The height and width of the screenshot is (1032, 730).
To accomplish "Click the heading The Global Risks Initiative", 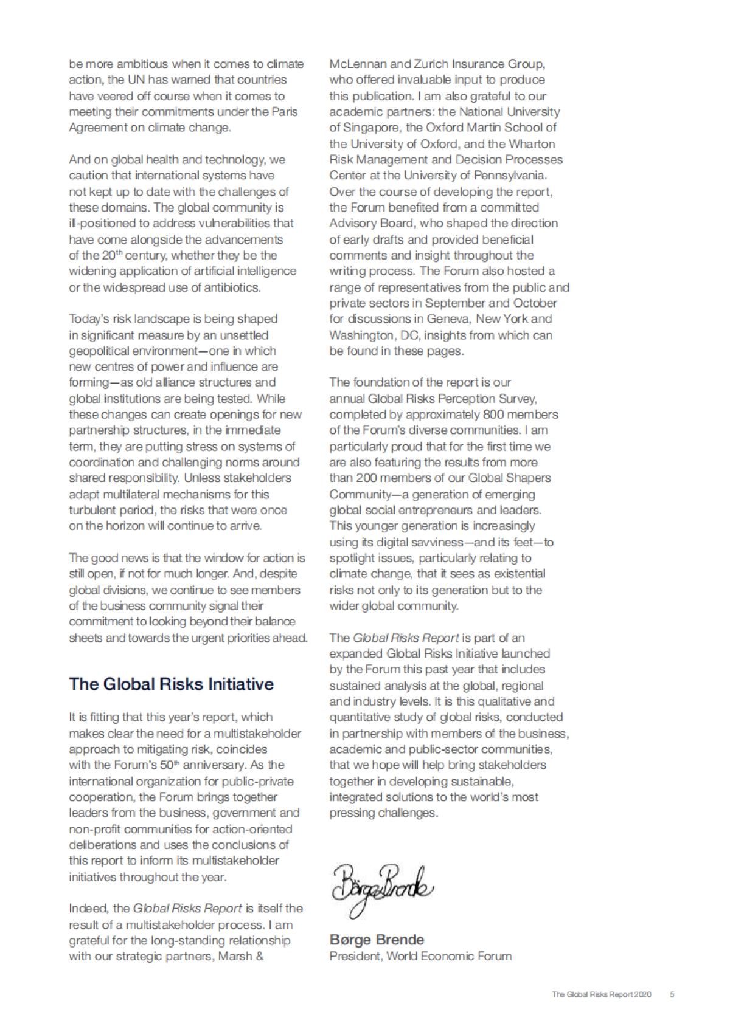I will point(171,684).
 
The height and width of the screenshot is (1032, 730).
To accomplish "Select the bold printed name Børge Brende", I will point(377,940).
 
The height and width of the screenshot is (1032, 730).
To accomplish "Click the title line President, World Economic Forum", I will point(420,956).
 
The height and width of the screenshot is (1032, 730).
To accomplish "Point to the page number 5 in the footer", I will point(672,995).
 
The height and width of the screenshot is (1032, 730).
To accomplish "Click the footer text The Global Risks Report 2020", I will point(602,995).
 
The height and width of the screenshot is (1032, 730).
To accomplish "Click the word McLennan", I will point(356,64).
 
